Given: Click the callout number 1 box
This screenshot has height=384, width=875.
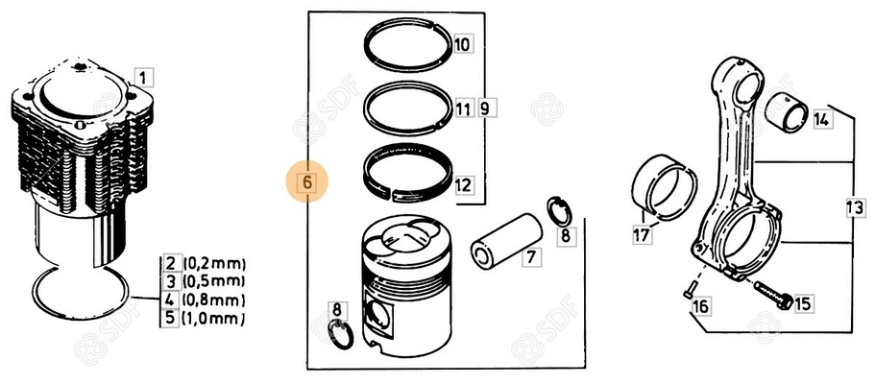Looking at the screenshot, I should [x=142, y=78].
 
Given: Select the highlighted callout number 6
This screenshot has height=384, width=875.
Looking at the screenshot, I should [x=307, y=180].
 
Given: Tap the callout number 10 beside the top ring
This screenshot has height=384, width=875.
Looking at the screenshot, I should [x=462, y=44].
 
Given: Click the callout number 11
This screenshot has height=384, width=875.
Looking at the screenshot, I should [x=463, y=108].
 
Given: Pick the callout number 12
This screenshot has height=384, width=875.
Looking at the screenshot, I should [x=462, y=183].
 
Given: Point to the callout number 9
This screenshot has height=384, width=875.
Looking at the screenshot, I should [x=484, y=108].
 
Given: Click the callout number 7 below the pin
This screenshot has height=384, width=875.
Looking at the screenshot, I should [x=529, y=256].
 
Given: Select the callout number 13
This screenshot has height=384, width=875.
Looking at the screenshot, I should [x=853, y=207].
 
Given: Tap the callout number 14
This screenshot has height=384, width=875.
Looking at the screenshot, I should [x=820, y=120].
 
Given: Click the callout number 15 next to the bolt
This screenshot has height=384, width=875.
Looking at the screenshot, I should [x=801, y=304].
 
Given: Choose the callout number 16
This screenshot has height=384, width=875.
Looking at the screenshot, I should [x=699, y=307].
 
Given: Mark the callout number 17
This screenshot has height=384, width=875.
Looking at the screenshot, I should [x=641, y=233].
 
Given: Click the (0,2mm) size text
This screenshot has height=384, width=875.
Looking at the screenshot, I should [x=213, y=263].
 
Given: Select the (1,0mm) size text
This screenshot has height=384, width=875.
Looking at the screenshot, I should [x=213, y=318].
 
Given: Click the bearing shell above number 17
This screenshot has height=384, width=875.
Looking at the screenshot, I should [x=664, y=183].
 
